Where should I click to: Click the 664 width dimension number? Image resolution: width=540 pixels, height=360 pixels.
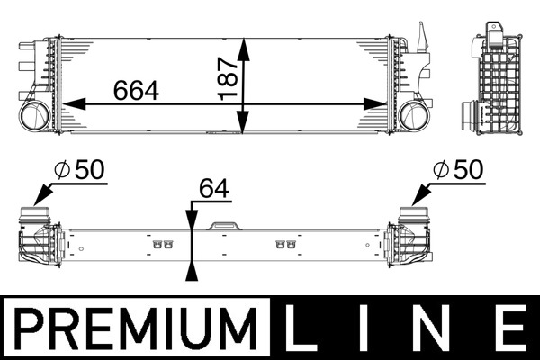tap(136, 90)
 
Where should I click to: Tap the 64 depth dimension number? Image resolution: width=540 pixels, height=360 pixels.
tap(214, 189)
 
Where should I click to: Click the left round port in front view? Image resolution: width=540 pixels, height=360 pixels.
tap(36, 115)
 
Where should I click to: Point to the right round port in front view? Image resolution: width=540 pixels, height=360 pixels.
tap(415, 115)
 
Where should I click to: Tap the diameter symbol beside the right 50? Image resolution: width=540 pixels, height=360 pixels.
tap(440, 169)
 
